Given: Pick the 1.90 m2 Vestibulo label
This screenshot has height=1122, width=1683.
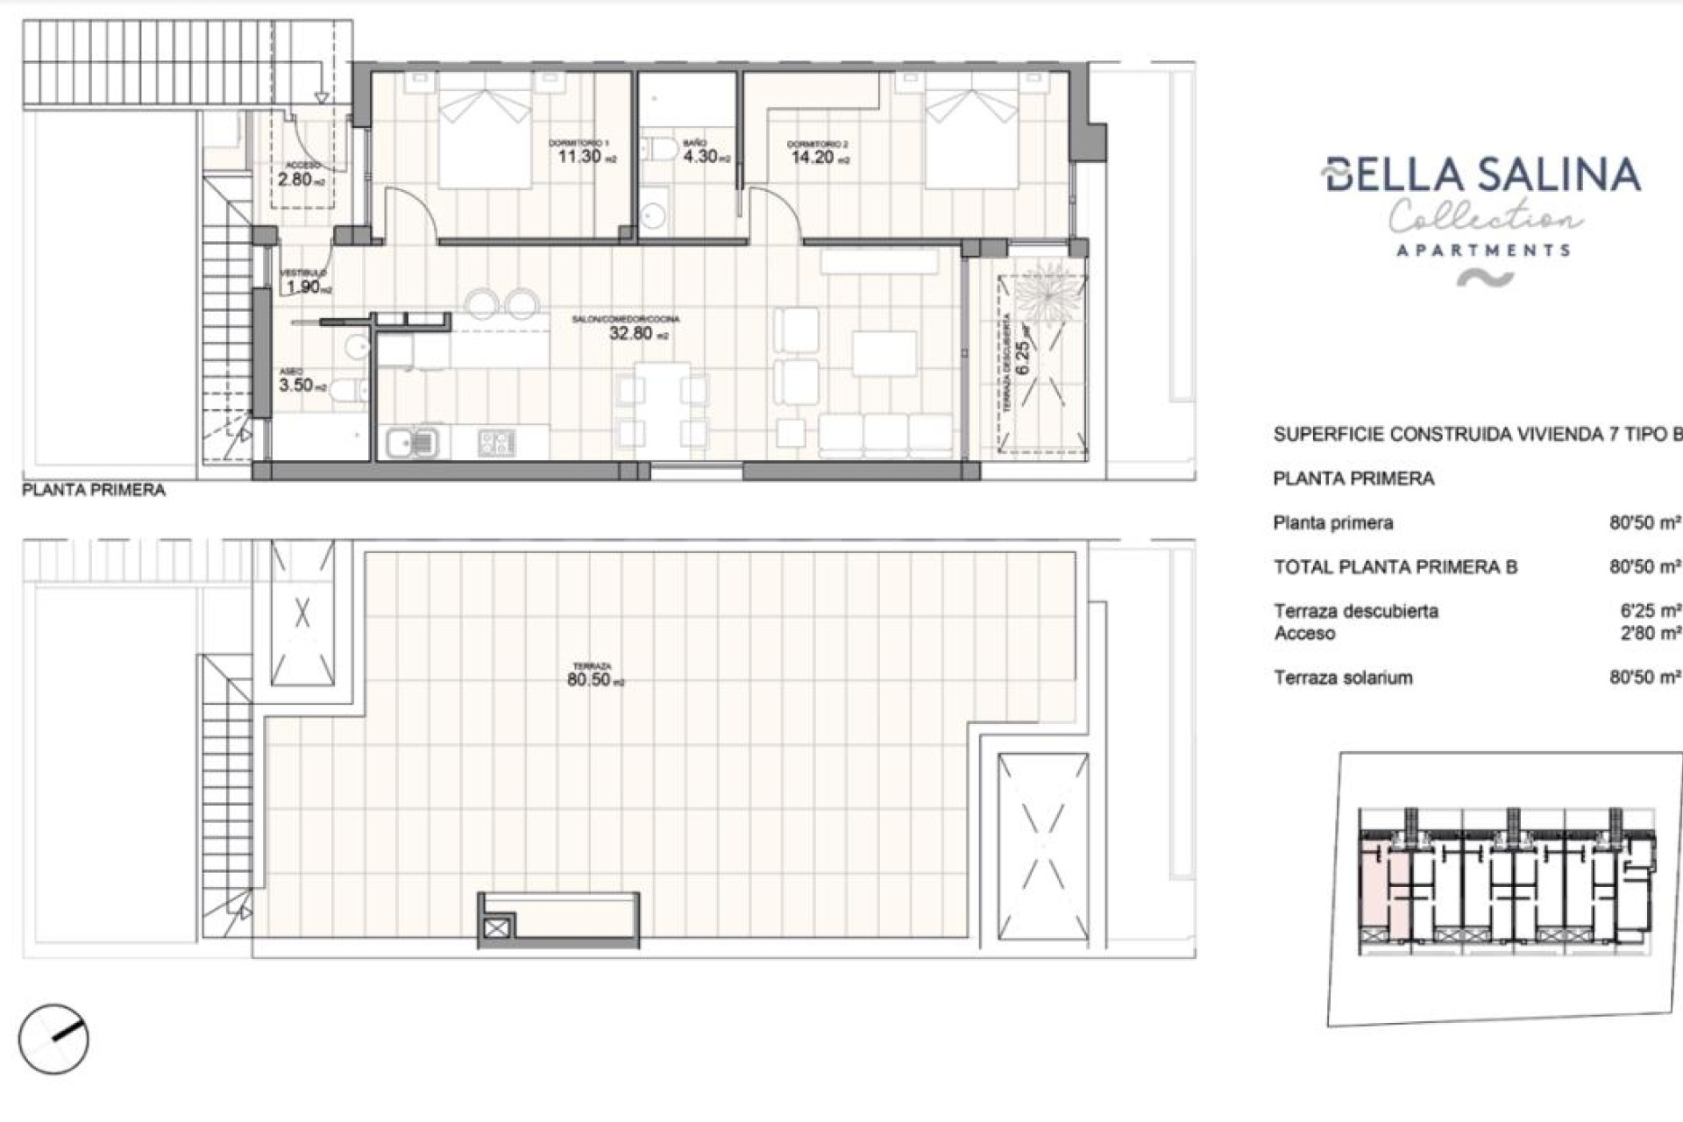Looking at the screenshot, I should pyautogui.click(x=305, y=287).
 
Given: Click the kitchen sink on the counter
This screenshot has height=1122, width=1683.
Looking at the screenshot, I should pyautogui.click(x=411, y=443).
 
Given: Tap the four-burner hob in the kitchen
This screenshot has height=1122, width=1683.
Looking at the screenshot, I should pyautogui.click(x=497, y=443).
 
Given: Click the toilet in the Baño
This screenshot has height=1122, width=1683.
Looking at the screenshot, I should pyautogui.click(x=657, y=148).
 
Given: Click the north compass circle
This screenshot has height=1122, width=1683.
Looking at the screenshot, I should pyautogui.click(x=53, y=1039).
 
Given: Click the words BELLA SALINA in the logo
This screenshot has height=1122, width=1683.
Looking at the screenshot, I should pyautogui.click(x=1481, y=174).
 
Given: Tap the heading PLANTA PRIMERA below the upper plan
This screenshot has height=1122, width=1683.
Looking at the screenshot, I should pyautogui.click(x=93, y=490).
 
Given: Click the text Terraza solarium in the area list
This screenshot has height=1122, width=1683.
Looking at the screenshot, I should pyautogui.click(x=1343, y=678).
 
